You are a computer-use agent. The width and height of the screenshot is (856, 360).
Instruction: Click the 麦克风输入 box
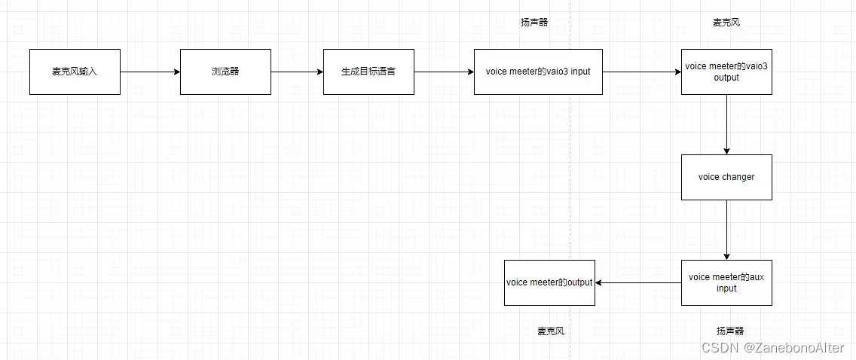click(75, 72)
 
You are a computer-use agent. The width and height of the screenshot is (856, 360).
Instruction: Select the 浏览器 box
click(225, 72)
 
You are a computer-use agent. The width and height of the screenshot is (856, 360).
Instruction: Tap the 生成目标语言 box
click(368, 72)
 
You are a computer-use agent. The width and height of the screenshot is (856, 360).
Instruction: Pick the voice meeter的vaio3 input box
click(538, 72)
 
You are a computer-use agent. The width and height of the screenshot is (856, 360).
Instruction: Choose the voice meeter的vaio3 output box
click(726, 72)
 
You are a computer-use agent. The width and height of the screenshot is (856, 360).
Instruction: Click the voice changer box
click(726, 177)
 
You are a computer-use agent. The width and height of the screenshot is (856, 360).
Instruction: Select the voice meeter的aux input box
click(726, 282)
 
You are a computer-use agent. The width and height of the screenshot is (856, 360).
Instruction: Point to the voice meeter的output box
click(549, 282)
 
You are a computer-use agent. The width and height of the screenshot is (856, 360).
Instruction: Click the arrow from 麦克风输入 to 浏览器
click(150, 72)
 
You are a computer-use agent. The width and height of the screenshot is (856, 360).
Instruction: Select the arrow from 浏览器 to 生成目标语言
click(297, 72)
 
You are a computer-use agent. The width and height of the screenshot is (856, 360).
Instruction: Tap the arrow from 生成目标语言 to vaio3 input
click(444, 72)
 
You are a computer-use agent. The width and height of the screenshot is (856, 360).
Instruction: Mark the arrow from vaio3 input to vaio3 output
click(641, 72)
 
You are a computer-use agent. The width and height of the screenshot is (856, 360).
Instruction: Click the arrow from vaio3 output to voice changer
click(726, 124)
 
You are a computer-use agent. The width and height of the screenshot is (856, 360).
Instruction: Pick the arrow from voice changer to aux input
click(726, 230)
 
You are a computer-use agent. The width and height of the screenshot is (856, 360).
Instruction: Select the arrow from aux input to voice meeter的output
click(637, 282)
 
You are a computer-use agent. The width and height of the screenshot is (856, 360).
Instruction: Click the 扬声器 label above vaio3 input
click(534, 23)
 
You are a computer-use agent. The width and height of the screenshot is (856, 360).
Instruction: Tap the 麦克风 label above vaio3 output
click(726, 23)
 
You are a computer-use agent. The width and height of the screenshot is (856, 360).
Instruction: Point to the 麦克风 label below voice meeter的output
click(551, 331)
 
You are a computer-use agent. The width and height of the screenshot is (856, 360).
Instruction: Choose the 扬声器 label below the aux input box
click(730, 331)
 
